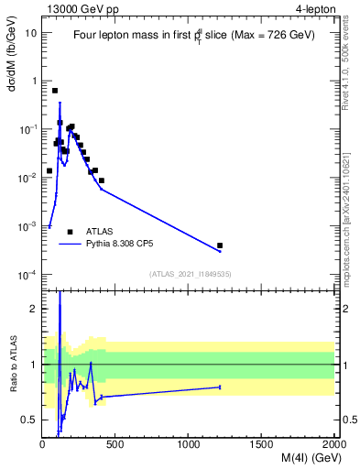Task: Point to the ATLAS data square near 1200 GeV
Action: (x=220, y=245)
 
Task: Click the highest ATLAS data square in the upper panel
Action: (x=55, y=91)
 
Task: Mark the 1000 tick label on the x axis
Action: (x=189, y=444)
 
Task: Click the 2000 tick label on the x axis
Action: (x=334, y=444)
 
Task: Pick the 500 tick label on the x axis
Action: (x=115, y=444)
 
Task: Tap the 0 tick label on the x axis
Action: (x=43, y=444)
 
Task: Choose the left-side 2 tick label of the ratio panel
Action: (x=35, y=309)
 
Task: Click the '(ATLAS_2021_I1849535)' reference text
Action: (x=189, y=274)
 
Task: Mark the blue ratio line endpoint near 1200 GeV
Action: (x=220, y=387)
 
